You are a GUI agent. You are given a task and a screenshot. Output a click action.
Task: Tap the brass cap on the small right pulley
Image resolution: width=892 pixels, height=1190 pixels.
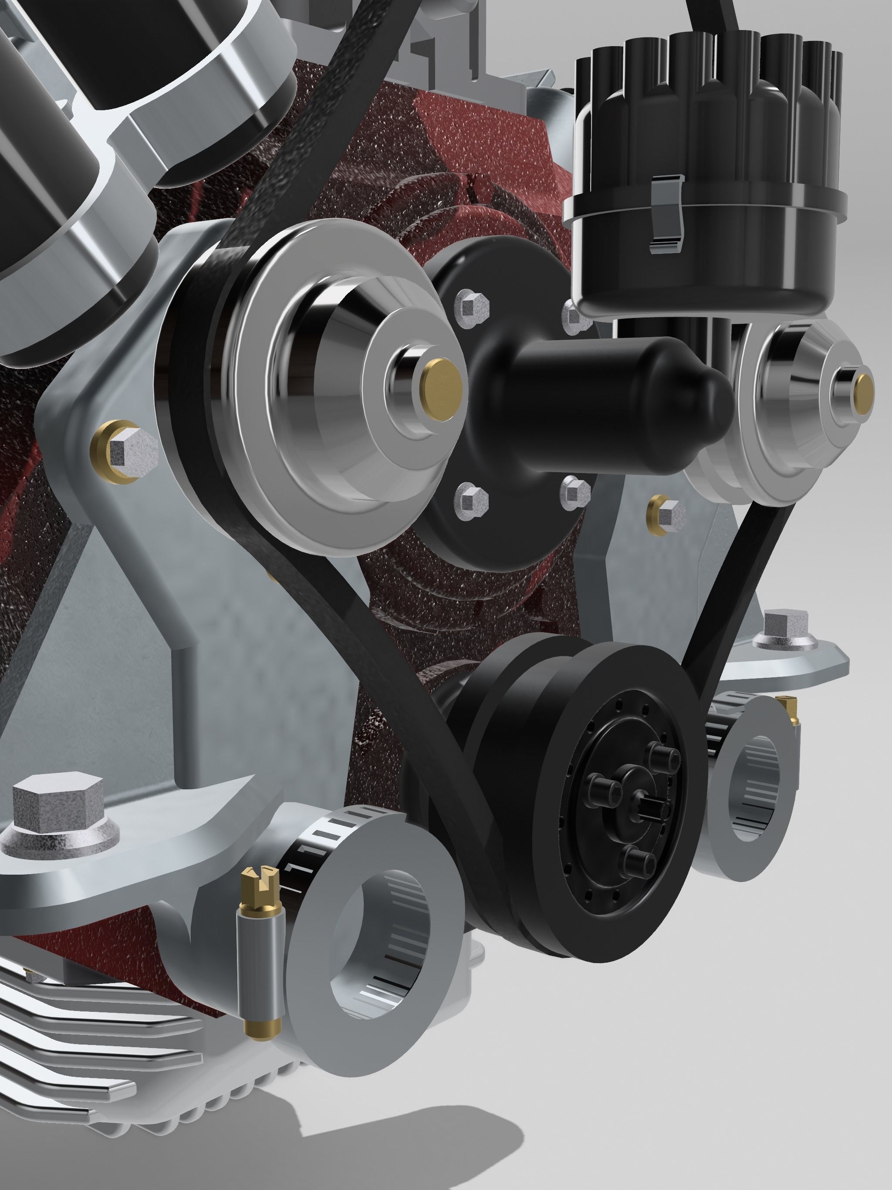click(x=865, y=394)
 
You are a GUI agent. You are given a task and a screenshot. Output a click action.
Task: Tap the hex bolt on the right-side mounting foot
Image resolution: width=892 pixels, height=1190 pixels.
click(x=787, y=628)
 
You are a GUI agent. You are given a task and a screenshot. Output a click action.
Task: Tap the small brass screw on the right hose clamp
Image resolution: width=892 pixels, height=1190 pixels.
click(x=789, y=703)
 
